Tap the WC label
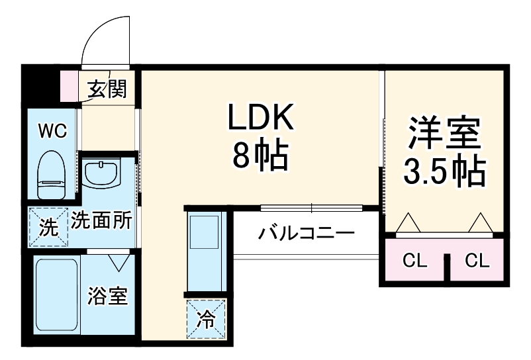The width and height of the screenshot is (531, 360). coord(52,131)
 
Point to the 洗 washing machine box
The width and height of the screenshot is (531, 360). coord(48,228)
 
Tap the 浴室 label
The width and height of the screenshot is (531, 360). coord(107,297)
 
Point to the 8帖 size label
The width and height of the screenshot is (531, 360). coord(260,156)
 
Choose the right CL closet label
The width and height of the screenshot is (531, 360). coord(477,261)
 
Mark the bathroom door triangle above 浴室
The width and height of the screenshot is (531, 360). coord(120,262)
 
